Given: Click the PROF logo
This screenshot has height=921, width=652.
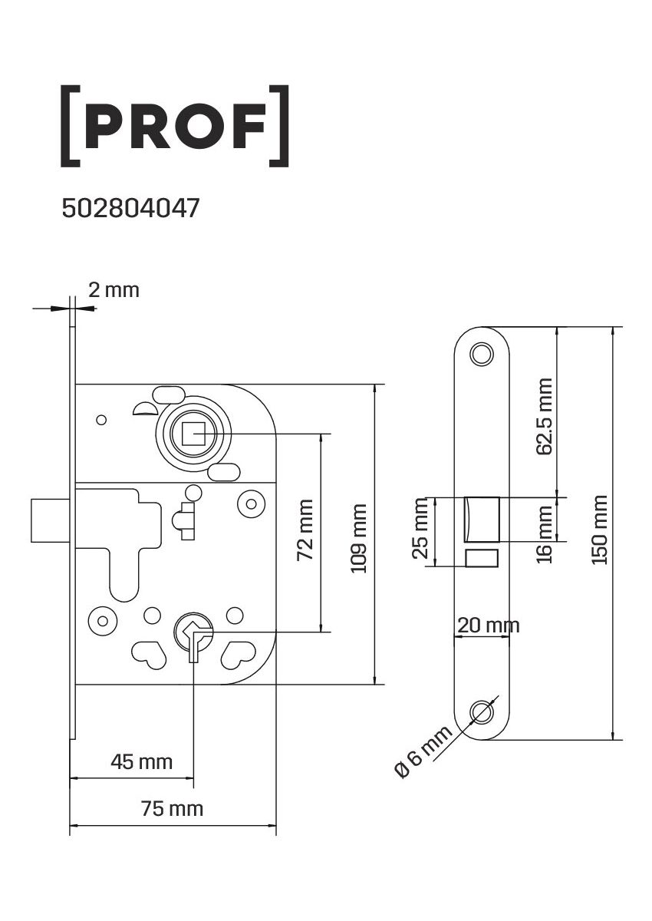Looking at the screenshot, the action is click(x=175, y=126).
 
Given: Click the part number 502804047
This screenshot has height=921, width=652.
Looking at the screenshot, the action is click(x=130, y=209).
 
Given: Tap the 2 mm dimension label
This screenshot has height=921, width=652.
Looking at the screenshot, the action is click(x=114, y=290).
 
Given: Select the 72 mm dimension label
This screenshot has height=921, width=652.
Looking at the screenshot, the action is click(x=305, y=530).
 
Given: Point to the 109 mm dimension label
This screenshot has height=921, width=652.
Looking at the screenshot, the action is click(x=359, y=538).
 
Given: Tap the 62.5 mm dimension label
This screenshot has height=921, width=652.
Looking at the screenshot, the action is click(x=545, y=417).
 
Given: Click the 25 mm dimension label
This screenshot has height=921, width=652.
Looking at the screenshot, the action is click(x=420, y=528).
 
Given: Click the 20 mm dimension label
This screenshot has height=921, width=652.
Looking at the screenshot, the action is click(x=489, y=626).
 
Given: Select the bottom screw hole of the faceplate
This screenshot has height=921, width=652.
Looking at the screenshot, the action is click(x=482, y=713).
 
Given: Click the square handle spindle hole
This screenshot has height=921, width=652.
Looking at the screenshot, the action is click(x=193, y=434).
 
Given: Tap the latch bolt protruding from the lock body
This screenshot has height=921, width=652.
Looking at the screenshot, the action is click(x=50, y=520).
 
